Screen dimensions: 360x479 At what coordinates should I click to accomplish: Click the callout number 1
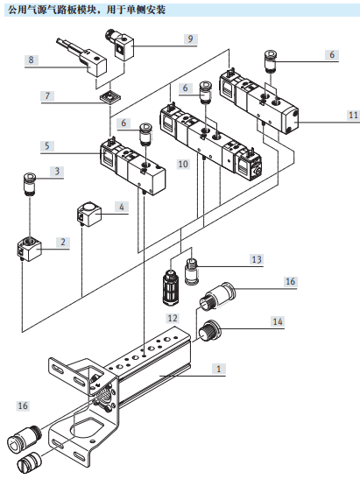218,369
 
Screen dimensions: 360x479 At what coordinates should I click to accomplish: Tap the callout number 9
190,39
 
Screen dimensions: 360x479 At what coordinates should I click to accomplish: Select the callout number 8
31,60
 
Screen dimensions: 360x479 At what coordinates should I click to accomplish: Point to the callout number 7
47,96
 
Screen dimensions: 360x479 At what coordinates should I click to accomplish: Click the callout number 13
257,259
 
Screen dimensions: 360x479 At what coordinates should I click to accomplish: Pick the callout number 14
278,321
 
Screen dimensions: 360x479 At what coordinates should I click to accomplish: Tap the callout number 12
173,318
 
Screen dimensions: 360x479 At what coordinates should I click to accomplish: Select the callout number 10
183,164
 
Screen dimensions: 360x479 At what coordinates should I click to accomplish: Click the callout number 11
353,116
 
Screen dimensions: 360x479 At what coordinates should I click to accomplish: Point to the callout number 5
47,145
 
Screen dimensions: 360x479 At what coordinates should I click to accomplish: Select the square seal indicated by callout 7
109,97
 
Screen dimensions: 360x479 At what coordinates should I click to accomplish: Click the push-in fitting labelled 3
30,185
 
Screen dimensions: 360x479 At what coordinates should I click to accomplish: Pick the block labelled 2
29,249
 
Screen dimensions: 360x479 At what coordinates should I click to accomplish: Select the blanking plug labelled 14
208,330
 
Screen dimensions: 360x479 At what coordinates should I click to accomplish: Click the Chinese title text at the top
87,11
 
